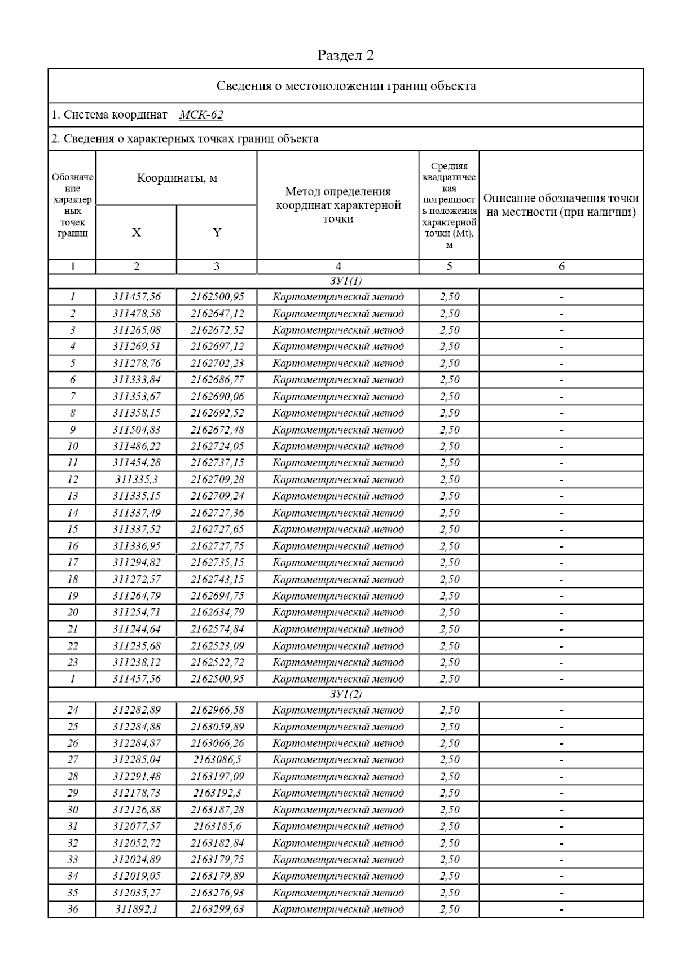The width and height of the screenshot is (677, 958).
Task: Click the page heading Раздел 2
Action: click(x=345, y=55)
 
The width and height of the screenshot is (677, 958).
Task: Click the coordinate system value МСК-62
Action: click(x=201, y=115)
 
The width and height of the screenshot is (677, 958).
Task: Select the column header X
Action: click(x=137, y=233)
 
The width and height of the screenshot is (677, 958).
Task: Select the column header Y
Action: click(x=217, y=233)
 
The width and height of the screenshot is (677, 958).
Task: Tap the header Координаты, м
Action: click(x=177, y=178)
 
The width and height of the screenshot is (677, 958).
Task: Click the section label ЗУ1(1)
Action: click(x=345, y=281)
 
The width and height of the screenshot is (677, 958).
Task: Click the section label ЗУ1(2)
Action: click(x=345, y=694)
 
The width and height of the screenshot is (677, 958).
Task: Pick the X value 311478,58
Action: click(x=137, y=313)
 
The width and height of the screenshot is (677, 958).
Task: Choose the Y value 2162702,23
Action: click(x=217, y=363)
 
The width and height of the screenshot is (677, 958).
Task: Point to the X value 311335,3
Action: click(x=137, y=479)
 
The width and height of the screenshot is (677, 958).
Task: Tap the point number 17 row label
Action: click(x=72, y=562)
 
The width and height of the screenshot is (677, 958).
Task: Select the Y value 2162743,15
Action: click(x=217, y=579)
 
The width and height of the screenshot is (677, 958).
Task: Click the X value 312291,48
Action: click(x=137, y=776)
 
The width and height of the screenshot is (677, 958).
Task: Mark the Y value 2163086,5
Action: click(x=217, y=760)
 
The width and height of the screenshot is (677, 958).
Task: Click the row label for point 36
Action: click(x=72, y=909)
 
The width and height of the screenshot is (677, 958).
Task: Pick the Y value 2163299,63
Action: click(x=217, y=909)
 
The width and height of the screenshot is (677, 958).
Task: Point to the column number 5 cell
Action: click(x=449, y=266)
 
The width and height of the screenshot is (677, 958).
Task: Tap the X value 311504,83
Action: click(x=137, y=430)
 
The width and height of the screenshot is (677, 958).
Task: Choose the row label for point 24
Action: click(x=72, y=710)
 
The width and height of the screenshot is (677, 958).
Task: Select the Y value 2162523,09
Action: click(x=217, y=646)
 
